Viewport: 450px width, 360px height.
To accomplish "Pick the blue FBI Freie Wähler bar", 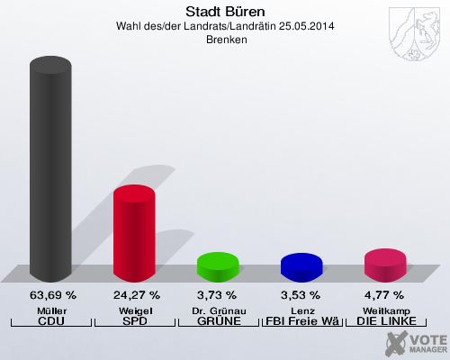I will click(301, 267).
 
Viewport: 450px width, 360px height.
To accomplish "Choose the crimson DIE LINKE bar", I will click(385, 265).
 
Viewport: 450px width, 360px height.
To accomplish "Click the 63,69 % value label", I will click(52, 294).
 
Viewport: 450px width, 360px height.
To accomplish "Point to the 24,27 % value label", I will click(136, 294).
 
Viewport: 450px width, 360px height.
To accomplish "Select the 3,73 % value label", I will click(218, 294).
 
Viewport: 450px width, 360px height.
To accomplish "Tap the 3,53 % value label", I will click(301, 294).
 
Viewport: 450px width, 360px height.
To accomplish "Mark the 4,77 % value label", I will click(385, 294).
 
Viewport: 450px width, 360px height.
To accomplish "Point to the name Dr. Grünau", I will click(218, 310).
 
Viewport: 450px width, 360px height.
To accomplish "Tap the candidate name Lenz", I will click(301, 310).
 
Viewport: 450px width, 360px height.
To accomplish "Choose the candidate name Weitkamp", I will click(385, 310).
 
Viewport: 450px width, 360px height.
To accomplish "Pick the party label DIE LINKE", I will click(385, 321).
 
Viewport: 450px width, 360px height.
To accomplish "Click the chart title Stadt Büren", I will click(225, 12).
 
